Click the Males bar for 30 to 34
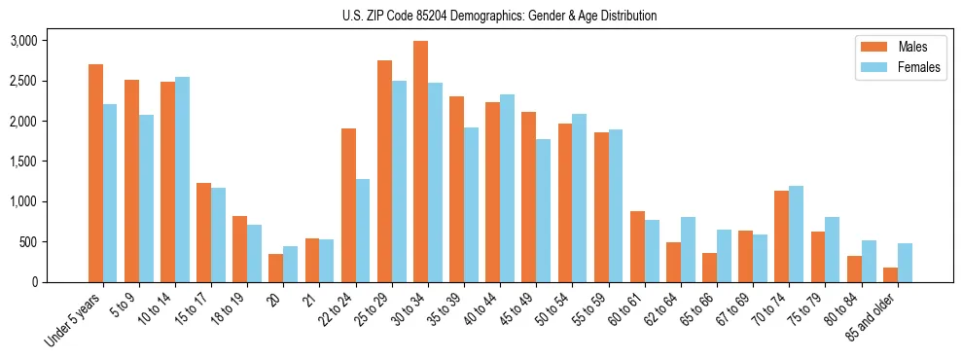[420, 162]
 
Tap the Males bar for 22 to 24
[348, 205]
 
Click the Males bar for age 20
[276, 268]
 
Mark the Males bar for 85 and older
[891, 274]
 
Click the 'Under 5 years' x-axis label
[75, 321]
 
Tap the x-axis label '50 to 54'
[551, 311]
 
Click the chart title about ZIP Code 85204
[500, 16]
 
